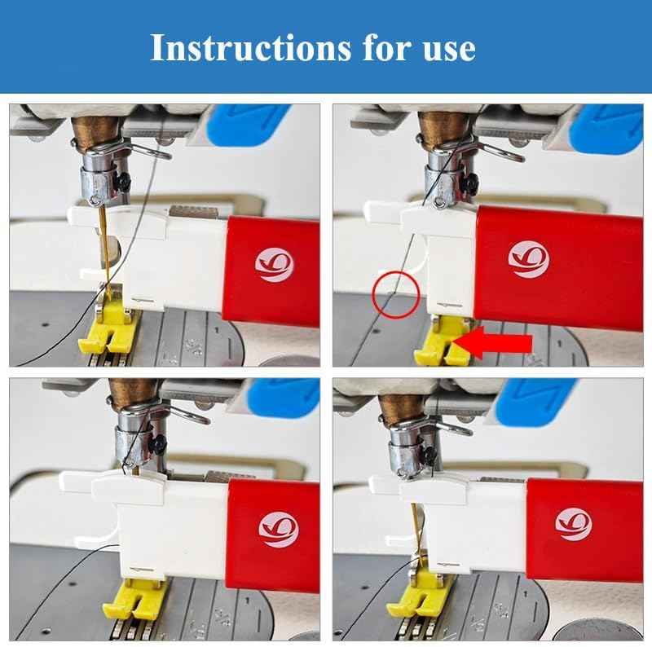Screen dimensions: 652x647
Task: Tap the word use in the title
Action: pyautogui.click(x=449, y=49)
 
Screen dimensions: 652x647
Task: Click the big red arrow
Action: pyautogui.click(x=493, y=342)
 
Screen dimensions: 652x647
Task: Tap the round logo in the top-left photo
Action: pyautogui.click(x=274, y=265)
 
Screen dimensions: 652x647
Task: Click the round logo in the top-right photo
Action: pyautogui.click(x=528, y=259)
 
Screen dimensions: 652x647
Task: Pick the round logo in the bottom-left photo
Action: pyautogui.click(x=278, y=530)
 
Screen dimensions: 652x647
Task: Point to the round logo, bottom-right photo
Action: pyautogui.click(x=574, y=524)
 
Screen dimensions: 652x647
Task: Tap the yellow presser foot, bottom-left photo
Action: pyautogui.click(x=134, y=599)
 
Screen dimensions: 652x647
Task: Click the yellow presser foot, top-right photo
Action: pyautogui.click(x=442, y=343)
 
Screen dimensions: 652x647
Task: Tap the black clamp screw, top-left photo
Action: pyautogui.click(x=124, y=181)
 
